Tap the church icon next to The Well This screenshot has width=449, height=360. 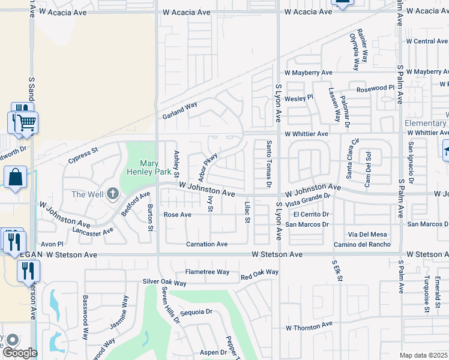112,194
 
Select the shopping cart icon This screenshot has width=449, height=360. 26,123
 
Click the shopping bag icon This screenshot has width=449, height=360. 15,177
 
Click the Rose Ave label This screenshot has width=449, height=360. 177,214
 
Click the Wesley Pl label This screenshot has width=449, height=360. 299,98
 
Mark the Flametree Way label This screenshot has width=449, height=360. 207,272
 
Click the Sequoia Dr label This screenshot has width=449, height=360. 196,312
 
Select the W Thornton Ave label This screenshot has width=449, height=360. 309,327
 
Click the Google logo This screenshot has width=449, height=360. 20,352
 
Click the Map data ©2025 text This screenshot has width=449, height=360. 424,355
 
